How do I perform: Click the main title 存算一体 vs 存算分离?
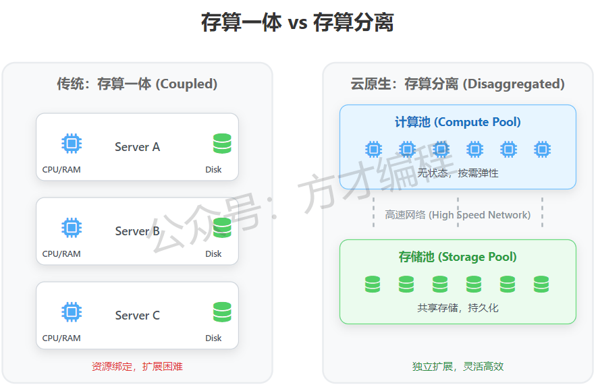click(297, 23)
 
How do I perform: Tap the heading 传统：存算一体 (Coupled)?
click(137, 84)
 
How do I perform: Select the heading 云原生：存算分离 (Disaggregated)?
click(458, 84)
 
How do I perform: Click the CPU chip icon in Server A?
click(72, 144)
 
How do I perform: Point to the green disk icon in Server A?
click(222, 144)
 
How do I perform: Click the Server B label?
click(137, 231)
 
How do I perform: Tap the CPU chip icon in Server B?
click(72, 228)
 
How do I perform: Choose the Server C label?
click(137, 315)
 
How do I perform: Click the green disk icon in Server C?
click(222, 312)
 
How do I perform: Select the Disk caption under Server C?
click(213, 338)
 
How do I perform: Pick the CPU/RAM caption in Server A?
click(61, 170)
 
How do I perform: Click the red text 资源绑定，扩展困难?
click(137, 367)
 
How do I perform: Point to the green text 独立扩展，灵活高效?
click(458, 367)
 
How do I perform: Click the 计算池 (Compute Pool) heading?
click(458, 122)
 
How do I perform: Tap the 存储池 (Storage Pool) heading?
click(458, 257)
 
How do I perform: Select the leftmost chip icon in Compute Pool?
click(373, 149)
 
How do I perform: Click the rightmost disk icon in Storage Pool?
click(541, 284)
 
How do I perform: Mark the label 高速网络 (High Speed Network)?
click(458, 215)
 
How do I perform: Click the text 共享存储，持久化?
click(458, 308)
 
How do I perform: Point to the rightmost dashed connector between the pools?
click(542, 212)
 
